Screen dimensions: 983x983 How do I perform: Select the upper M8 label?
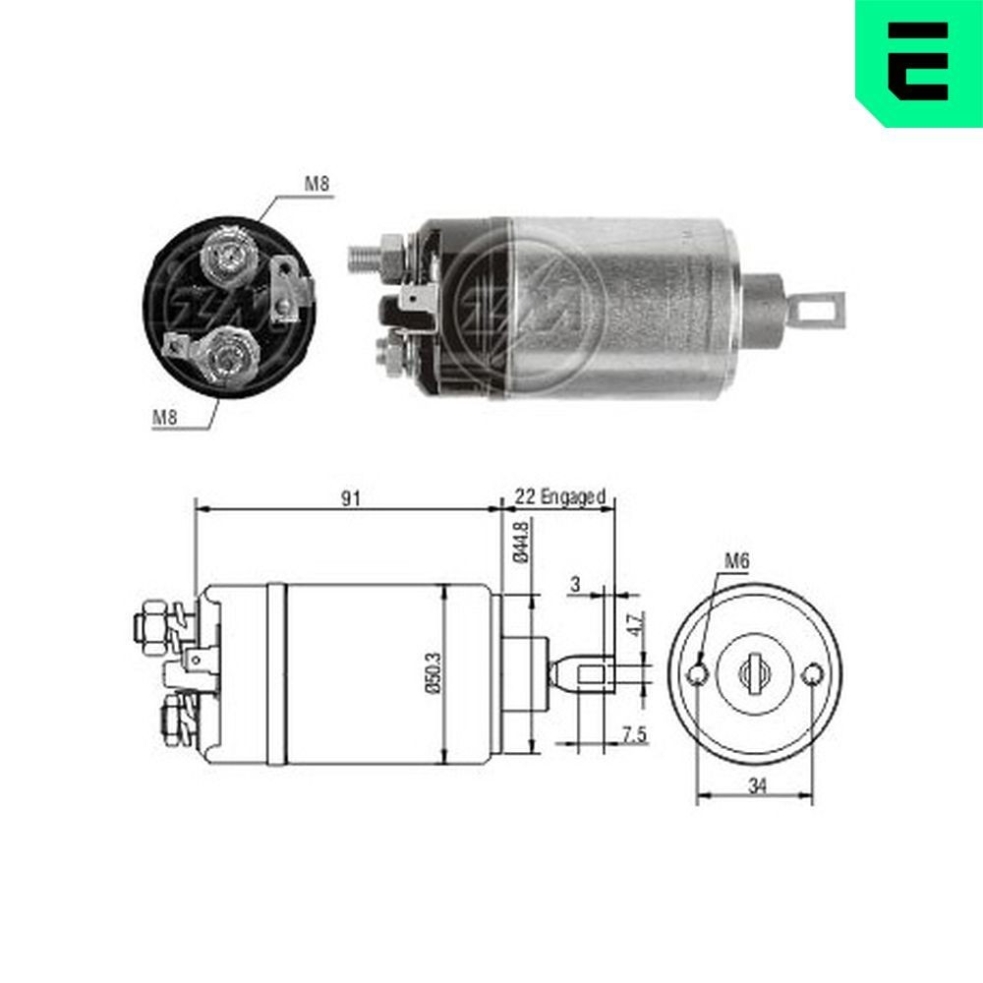click(x=317, y=184)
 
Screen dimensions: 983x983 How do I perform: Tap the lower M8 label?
click(x=164, y=416)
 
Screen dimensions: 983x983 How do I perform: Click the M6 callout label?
click(x=737, y=561)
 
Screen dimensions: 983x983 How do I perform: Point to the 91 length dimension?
click(x=351, y=498)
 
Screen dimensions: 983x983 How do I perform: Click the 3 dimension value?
click(x=576, y=584)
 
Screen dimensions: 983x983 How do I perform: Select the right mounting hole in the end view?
click(x=812, y=675)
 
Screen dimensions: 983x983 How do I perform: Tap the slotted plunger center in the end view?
click(x=755, y=674)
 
